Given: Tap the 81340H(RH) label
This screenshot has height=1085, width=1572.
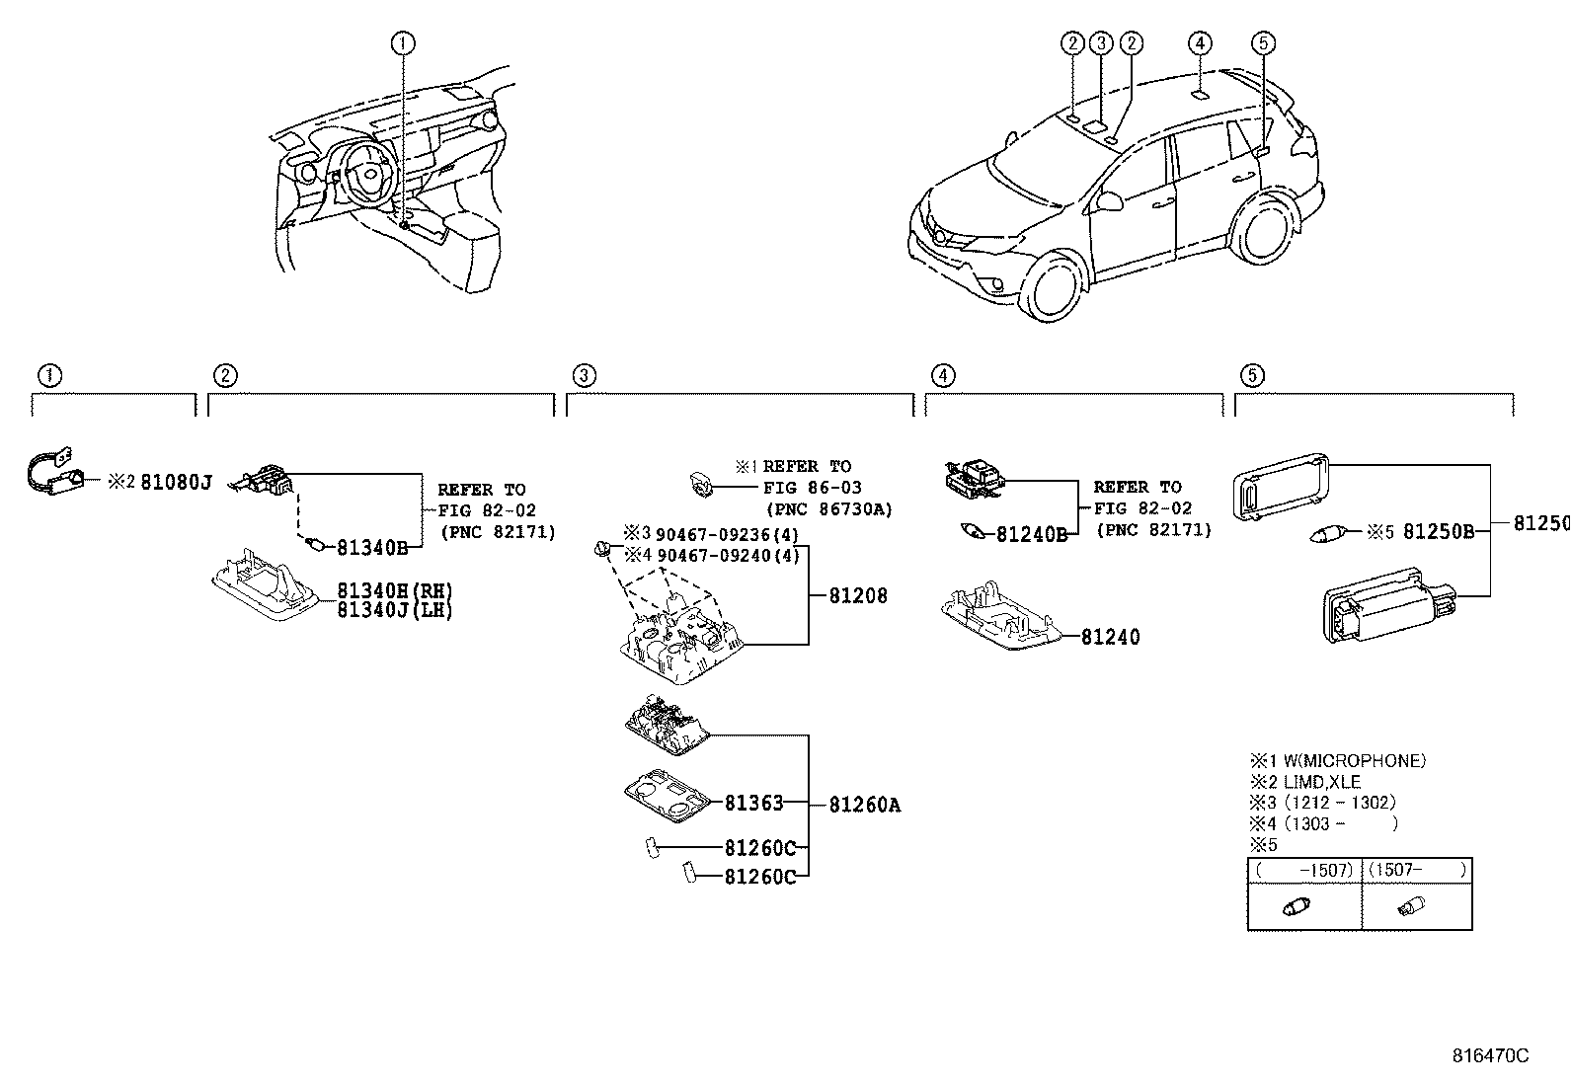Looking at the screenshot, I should tap(394, 590).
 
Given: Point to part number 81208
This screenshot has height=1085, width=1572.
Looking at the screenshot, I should tap(857, 595).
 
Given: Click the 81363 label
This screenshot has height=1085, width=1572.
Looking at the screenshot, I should tap(753, 803).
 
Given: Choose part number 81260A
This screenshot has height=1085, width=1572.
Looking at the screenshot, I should tap(864, 805).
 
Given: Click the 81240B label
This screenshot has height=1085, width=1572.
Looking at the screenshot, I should tap(1031, 534).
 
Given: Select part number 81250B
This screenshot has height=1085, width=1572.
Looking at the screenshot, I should tap(1438, 532).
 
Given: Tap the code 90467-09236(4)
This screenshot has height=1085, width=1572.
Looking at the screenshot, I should tap(727, 534).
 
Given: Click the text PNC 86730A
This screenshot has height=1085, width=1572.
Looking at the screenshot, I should tap(828, 509).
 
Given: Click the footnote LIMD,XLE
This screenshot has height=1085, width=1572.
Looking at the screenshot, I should tap(1322, 782).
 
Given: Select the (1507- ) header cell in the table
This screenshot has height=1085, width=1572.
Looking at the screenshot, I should tap(1417, 870).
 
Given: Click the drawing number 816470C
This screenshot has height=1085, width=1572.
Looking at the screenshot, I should tap(1489, 1055).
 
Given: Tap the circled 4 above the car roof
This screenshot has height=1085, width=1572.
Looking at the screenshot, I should tap(1199, 42).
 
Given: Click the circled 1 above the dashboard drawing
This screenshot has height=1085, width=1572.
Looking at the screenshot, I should tap(403, 42).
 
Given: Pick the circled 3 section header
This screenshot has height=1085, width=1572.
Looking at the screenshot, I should tap(584, 375).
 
